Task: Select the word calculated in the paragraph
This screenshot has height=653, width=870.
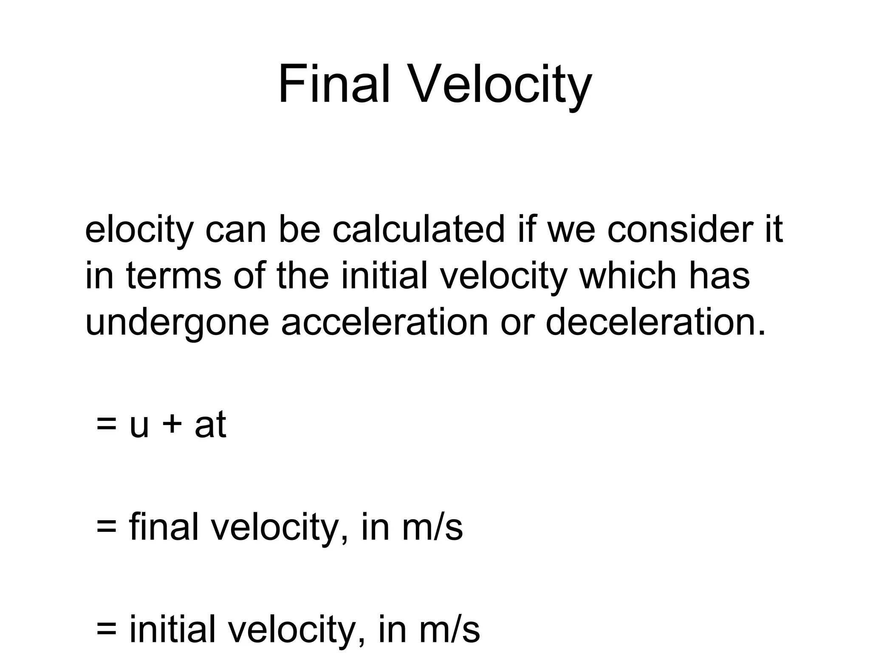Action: (x=418, y=230)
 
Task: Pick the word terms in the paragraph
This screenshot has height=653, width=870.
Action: (x=174, y=276)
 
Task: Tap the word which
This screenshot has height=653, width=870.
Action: (x=628, y=276)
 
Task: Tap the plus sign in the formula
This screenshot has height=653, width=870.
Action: (x=172, y=425)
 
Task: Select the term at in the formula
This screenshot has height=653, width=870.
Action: (x=210, y=425)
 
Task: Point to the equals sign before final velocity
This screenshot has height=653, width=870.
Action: (x=106, y=527)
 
